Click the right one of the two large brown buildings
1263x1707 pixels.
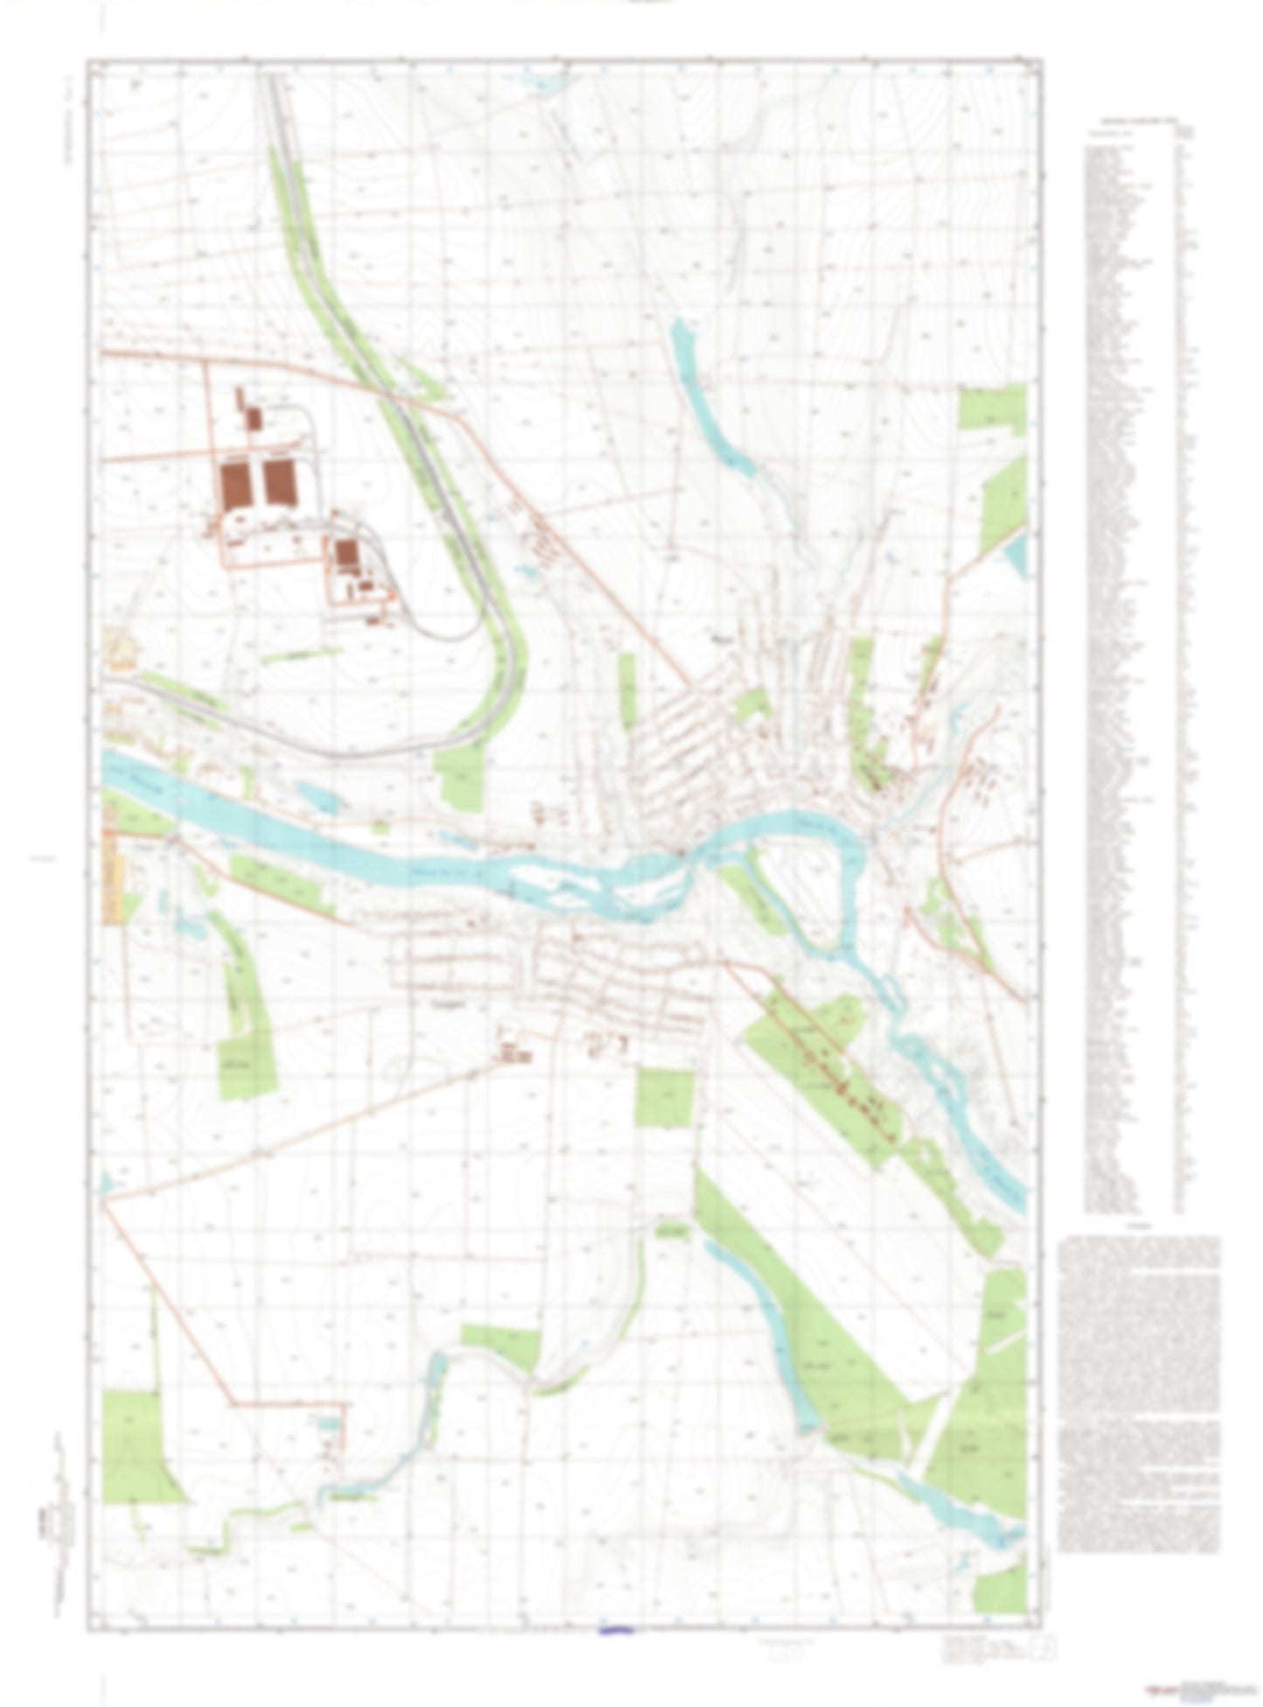[x=280, y=483]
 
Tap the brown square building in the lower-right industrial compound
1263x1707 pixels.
[x=347, y=552]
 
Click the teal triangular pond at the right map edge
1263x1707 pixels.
[x=1016, y=554]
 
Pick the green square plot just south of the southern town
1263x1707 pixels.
[x=664, y=1097]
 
